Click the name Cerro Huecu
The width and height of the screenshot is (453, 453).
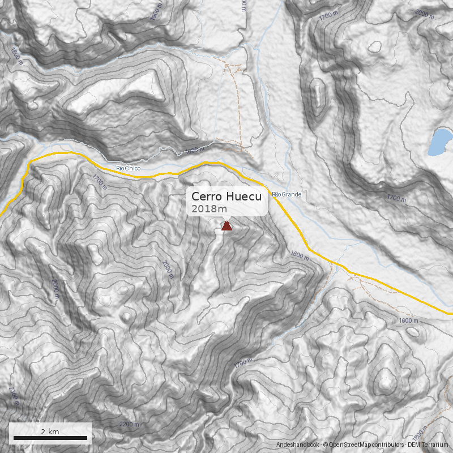pyautogui.click(x=226, y=196)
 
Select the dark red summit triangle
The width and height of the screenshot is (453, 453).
pyautogui.click(x=226, y=226)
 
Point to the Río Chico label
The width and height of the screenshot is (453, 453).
pyautogui.click(x=127, y=168)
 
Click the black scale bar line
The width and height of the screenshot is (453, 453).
pyautogui.click(x=50, y=438)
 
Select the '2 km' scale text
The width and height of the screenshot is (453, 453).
pyautogui.click(x=50, y=431)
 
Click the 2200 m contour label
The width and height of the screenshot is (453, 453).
pyautogui.click(x=130, y=424)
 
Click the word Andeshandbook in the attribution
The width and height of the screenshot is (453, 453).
pyautogui.click(x=298, y=446)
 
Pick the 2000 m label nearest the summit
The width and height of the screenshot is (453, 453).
pyautogui.click(x=168, y=269)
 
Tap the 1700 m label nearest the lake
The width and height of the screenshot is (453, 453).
pyautogui.click(x=396, y=198)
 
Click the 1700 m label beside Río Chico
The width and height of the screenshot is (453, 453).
pyautogui.click(x=99, y=181)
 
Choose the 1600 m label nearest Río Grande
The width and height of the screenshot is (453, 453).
pyautogui.click(x=301, y=255)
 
